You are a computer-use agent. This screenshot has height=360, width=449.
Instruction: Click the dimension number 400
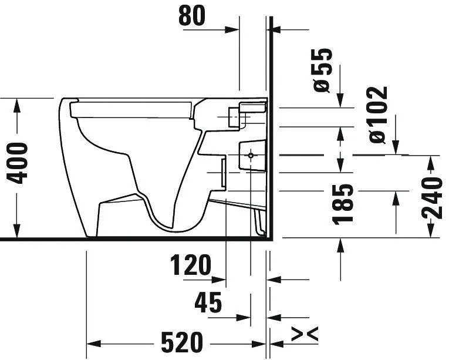[x=18, y=163]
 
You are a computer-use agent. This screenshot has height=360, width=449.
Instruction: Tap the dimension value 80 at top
[x=192, y=16]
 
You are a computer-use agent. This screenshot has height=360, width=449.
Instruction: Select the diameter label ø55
[x=323, y=70]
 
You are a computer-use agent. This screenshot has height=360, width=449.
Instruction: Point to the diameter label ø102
[x=378, y=115]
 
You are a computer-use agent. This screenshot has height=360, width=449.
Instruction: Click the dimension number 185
[x=343, y=204]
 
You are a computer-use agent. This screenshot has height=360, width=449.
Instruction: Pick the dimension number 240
[x=432, y=198]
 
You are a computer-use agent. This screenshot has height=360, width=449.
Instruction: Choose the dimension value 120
[x=191, y=265]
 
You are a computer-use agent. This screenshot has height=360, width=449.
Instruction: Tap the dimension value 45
[x=208, y=302]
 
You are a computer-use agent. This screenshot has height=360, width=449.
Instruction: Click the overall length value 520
[x=182, y=342]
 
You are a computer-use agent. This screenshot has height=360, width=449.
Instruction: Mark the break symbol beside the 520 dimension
[x=305, y=334]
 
